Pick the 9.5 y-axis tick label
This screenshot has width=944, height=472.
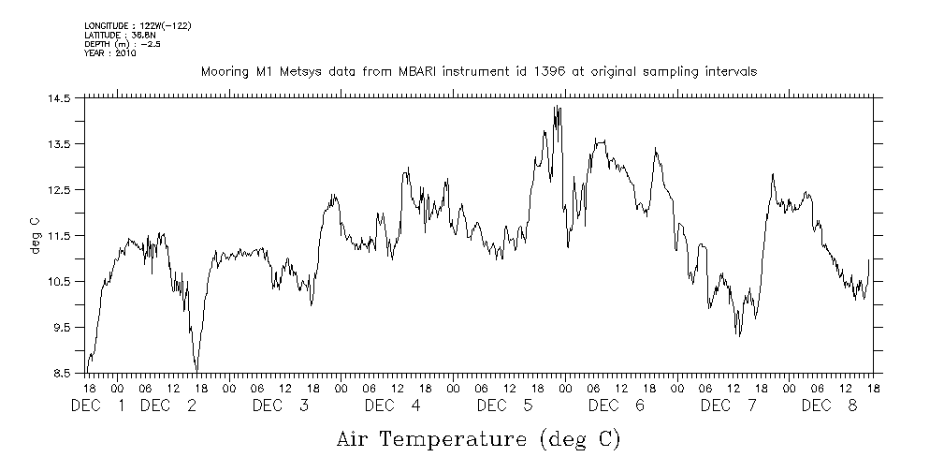62,328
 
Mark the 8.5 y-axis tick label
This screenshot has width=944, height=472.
62,374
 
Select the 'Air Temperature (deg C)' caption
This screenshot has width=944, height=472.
478,438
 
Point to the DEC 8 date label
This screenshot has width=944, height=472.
829,406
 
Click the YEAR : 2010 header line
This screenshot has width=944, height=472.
110,53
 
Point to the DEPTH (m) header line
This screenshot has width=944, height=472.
123,43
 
